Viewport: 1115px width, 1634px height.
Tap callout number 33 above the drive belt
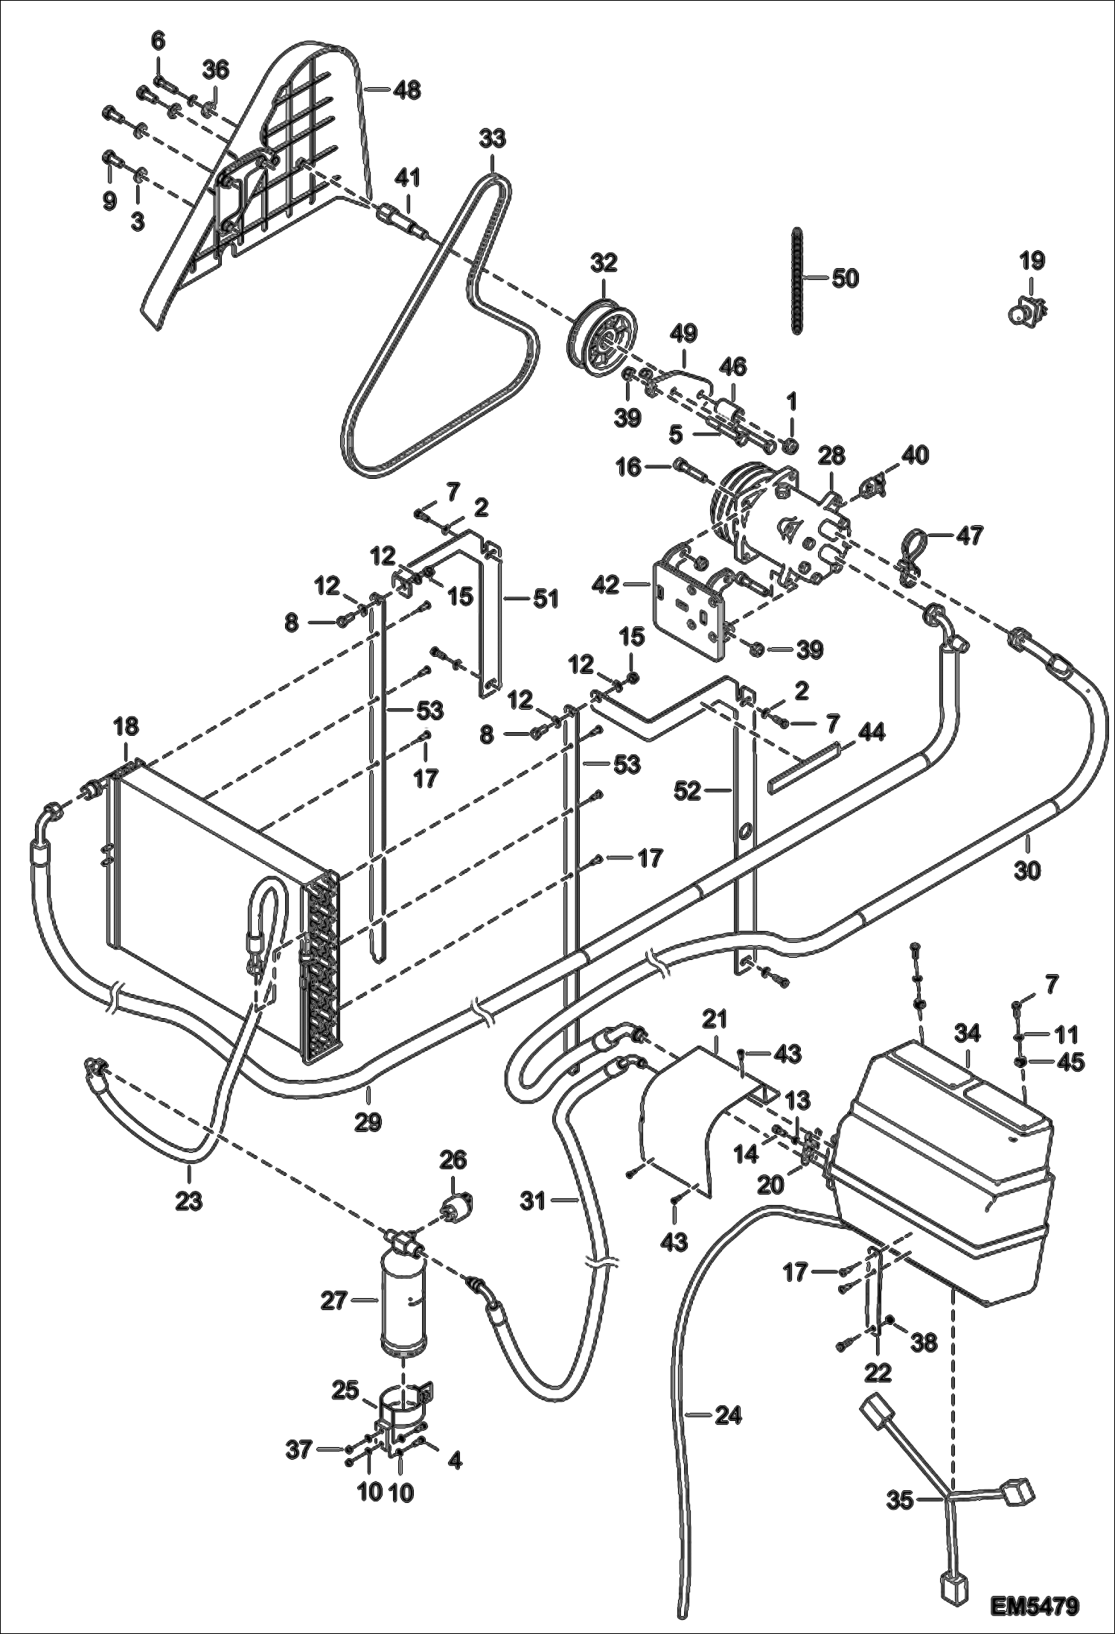(492, 139)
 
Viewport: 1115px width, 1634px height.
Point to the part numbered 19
(1028, 311)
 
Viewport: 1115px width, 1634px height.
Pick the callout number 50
(845, 279)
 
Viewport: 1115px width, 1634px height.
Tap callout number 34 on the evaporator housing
(968, 1034)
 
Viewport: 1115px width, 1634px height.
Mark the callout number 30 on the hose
(1027, 870)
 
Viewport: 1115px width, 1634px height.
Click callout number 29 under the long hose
(368, 1122)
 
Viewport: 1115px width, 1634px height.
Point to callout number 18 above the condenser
(126, 727)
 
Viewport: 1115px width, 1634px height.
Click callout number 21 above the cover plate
(715, 1019)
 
